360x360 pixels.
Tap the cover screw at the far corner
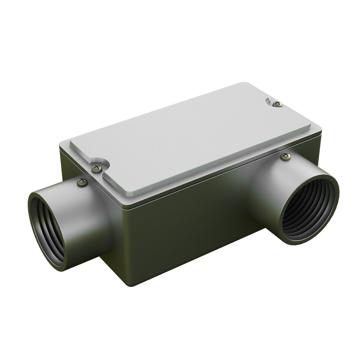coord(277,104)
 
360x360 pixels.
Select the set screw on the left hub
coord(82,182)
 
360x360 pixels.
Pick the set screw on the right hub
coord(285,156)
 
